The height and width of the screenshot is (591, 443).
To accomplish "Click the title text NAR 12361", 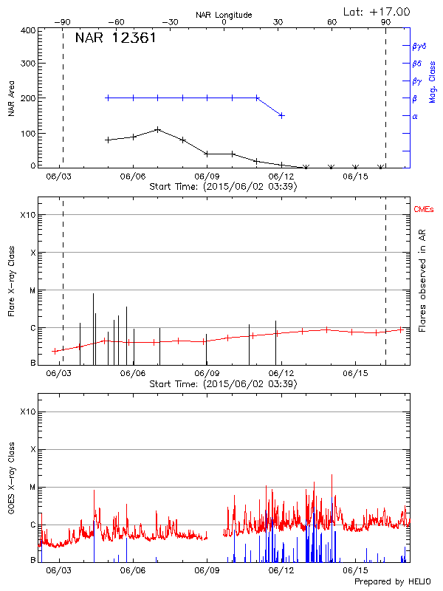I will pos(115,38).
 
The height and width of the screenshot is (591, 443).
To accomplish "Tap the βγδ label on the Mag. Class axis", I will pos(419,46).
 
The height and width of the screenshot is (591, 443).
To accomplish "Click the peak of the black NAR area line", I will pos(157,129).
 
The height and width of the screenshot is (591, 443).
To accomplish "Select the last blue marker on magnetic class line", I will pos(281,115).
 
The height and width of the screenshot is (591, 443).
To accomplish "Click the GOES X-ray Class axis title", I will pos(12,480).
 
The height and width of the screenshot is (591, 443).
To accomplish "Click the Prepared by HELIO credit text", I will pos(391,582).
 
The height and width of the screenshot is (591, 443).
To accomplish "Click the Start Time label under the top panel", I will pos(223,187).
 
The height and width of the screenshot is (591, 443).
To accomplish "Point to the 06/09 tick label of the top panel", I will pos(207,177).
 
